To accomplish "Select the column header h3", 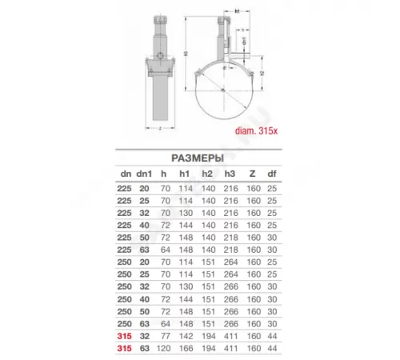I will point(230,172).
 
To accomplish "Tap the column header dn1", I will point(144,172).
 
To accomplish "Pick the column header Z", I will point(250,172).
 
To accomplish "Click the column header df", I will point(270,172).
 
